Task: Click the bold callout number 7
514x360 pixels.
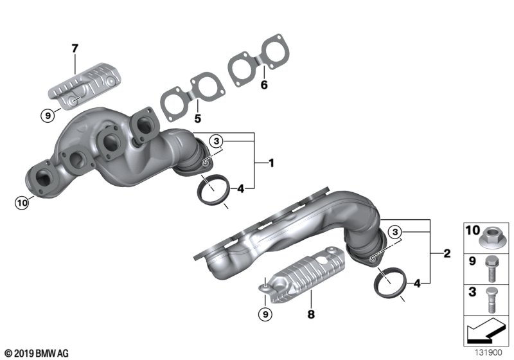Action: (x=75, y=48)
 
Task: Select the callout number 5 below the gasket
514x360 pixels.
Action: (x=197, y=118)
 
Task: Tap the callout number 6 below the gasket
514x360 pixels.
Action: (x=264, y=85)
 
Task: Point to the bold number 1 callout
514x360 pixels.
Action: (x=271, y=163)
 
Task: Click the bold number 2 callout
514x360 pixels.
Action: (x=447, y=253)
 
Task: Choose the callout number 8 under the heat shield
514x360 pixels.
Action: (x=311, y=314)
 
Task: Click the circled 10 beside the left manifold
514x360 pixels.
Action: (x=22, y=203)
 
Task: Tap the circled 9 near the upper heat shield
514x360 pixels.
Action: (x=48, y=116)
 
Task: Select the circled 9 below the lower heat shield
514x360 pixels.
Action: (x=265, y=315)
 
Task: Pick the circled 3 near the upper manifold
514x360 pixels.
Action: (x=217, y=141)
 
